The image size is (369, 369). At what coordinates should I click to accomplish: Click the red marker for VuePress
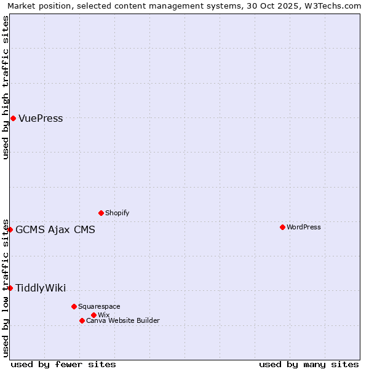[13, 118]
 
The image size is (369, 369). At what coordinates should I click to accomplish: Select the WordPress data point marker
[282, 227]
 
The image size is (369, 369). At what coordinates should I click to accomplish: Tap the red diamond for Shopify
[101, 213]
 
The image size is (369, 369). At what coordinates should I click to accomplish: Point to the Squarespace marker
[74, 306]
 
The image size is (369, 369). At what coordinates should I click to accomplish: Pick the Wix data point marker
[93, 315]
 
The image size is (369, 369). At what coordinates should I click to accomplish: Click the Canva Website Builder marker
[82, 320]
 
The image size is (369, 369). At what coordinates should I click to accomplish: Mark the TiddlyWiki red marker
[10, 288]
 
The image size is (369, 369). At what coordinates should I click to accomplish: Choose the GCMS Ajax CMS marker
[10, 229]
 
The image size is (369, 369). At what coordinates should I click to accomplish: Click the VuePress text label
[41, 119]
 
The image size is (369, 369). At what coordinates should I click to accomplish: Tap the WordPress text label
[303, 227]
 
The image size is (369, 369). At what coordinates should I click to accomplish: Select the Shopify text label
[117, 213]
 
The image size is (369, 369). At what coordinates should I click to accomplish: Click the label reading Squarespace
[99, 306]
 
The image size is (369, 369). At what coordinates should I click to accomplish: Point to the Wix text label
[103, 315]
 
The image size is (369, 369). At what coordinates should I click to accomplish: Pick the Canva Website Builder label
[122, 320]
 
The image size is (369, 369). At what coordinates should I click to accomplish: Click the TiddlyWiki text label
[41, 288]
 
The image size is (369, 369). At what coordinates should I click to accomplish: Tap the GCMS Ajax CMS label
[55, 230]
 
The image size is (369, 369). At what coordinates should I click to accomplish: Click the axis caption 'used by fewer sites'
[63, 364]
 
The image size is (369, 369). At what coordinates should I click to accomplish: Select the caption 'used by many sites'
[309, 364]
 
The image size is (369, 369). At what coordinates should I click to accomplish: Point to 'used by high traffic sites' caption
[6, 87]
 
